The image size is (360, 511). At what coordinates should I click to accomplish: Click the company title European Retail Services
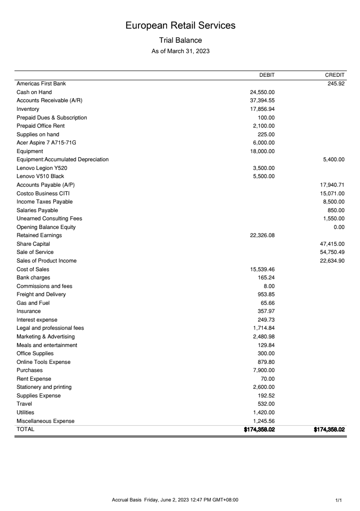point(180,25)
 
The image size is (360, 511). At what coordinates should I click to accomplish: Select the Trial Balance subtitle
point(180,40)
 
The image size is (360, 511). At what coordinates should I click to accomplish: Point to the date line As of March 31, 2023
point(180,51)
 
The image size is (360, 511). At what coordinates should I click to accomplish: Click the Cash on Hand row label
point(34,92)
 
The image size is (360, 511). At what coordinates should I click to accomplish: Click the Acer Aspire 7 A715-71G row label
point(46,143)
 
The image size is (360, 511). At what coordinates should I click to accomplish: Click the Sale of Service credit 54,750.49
point(333,252)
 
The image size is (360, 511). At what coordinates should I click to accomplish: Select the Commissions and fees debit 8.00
point(270,286)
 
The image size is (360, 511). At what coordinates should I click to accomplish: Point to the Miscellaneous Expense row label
point(45,421)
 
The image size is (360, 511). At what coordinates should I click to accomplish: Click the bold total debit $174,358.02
point(259,429)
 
